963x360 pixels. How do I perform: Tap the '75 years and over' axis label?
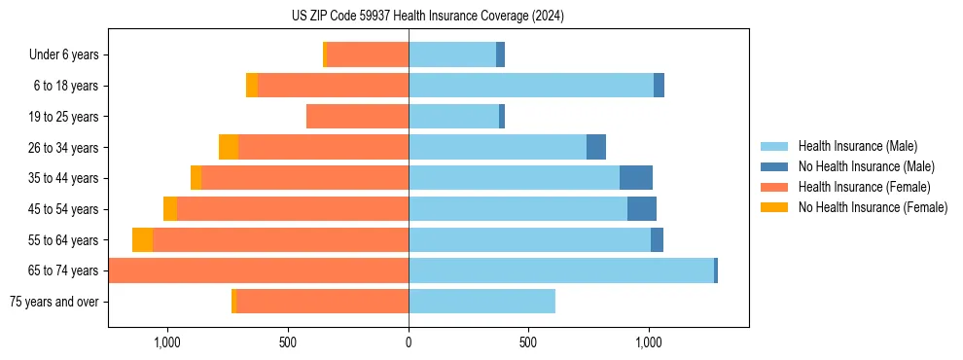[53, 302]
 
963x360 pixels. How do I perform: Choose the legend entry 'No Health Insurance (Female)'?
[872, 207]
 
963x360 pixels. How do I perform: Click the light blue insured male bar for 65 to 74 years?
[560, 270]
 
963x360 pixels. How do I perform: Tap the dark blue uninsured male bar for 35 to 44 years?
[636, 178]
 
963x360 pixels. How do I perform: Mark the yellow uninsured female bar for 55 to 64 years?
[142, 240]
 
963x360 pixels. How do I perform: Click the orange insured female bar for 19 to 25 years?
[357, 117]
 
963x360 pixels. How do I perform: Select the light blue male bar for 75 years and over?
[481, 302]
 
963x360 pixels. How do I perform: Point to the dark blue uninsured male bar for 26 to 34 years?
[596, 148]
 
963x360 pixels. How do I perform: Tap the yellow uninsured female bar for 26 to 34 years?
[229, 148]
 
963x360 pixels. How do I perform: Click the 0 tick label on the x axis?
[409, 342]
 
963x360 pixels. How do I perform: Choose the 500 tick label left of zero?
[287, 342]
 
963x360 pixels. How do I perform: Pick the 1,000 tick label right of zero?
[649, 342]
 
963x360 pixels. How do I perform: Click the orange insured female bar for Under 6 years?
[368, 55]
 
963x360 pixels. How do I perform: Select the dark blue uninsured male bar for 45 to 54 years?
[642, 209]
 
